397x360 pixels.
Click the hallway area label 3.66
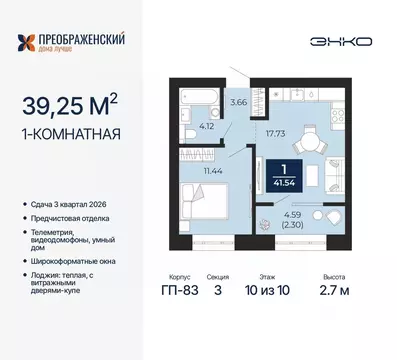click(238, 101)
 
